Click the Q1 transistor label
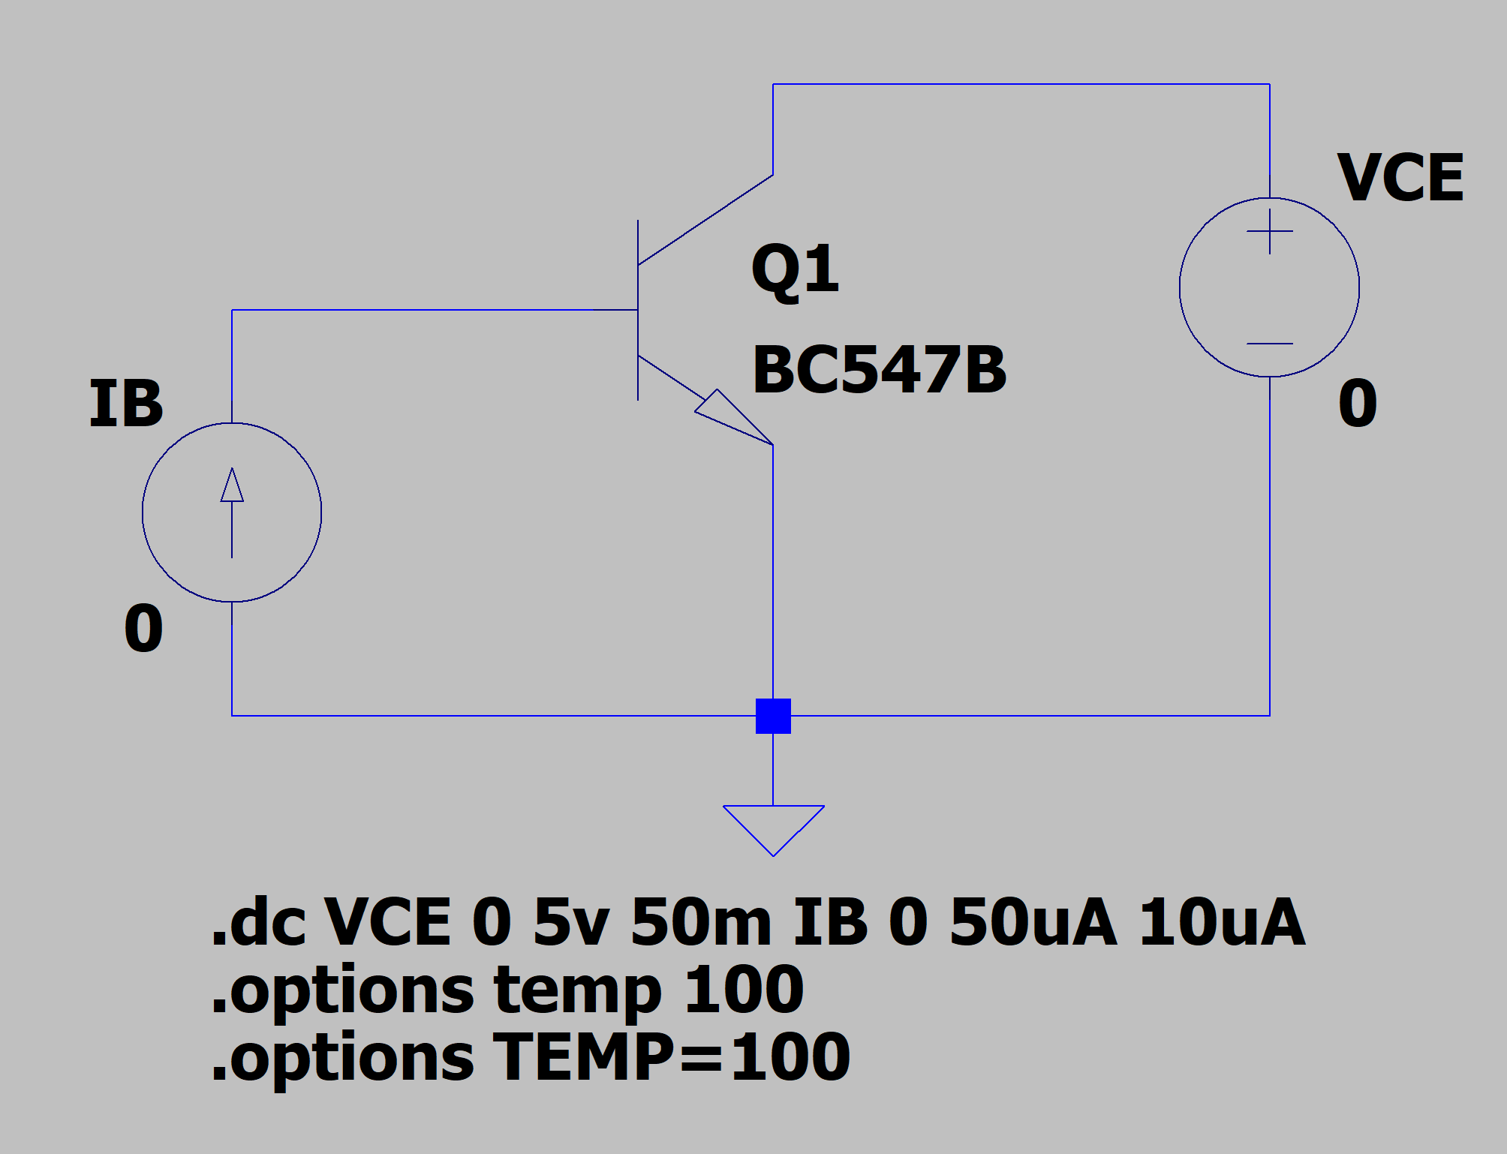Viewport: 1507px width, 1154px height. [794, 270]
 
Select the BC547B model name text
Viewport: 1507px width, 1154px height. [879, 369]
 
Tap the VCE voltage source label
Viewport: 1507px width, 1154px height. [1400, 179]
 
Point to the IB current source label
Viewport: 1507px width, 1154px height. [125, 404]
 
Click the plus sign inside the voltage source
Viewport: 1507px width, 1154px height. [1269, 231]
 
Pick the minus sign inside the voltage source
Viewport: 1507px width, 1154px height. [1269, 344]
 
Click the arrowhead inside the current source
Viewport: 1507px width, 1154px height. [232, 485]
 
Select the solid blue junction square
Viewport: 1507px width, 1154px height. [773, 716]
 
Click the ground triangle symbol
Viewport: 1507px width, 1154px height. [773, 825]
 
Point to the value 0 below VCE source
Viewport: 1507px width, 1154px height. [1358, 404]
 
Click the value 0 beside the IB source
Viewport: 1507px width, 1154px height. [143, 629]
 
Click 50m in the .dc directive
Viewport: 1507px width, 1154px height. [701, 923]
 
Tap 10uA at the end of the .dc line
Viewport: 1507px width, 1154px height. [1222, 923]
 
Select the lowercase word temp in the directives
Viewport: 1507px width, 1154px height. [577, 990]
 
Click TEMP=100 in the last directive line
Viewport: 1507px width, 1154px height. [671, 1058]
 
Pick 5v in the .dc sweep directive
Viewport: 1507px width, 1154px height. [570, 923]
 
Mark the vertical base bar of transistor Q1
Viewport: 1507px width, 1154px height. [638, 310]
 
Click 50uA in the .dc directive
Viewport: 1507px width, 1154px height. [1033, 923]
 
